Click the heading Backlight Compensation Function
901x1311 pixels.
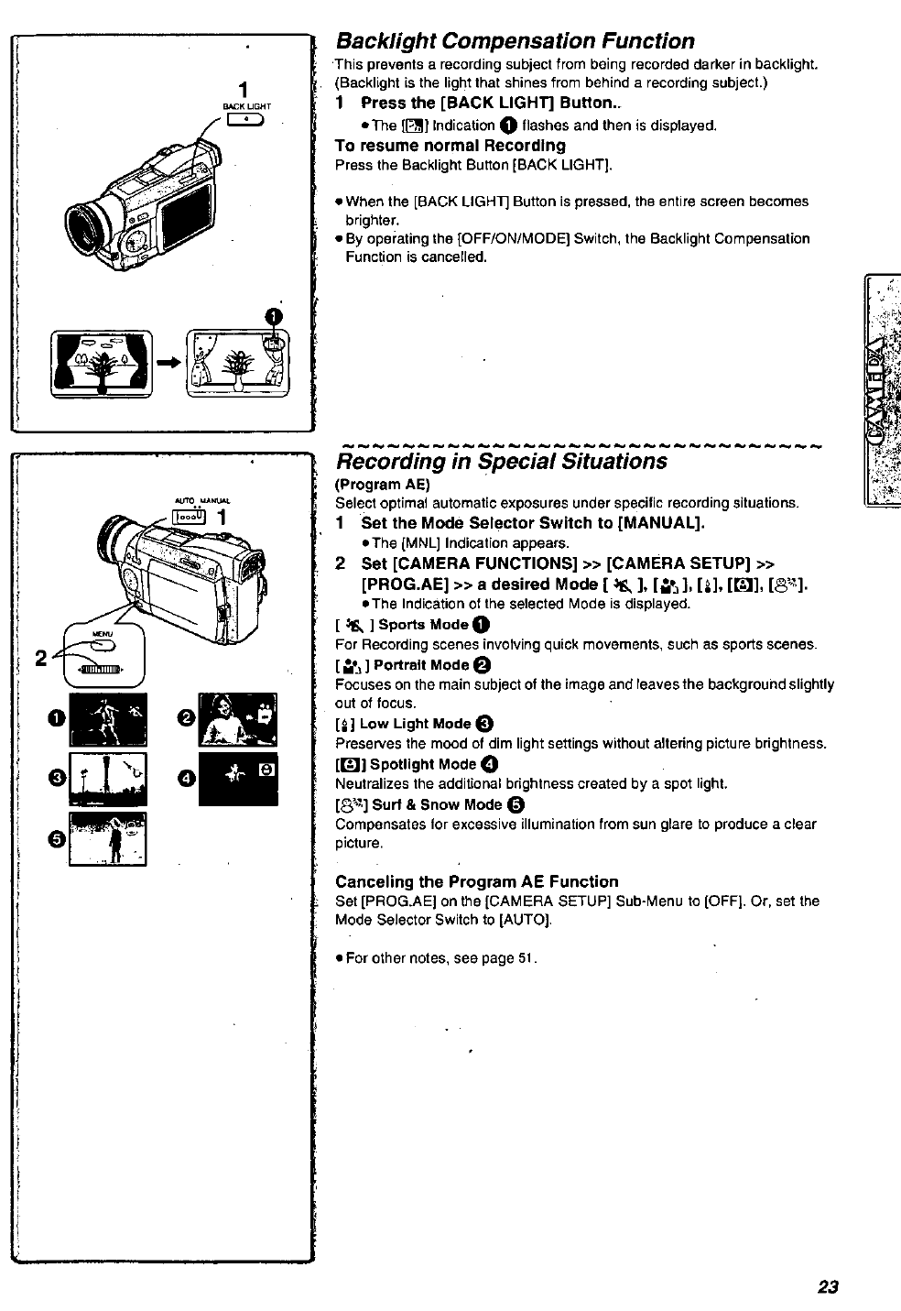[515, 41]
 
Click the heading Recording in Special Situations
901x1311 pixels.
[501, 461]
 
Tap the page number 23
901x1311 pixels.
[828, 1286]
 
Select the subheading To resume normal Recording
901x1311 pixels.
[450, 146]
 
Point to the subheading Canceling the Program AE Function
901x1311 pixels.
[476, 881]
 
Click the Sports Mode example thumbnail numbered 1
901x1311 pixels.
[108, 719]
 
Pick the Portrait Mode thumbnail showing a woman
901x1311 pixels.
[237, 719]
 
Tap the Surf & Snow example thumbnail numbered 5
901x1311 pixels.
[108, 838]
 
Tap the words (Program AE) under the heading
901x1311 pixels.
[382, 484]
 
